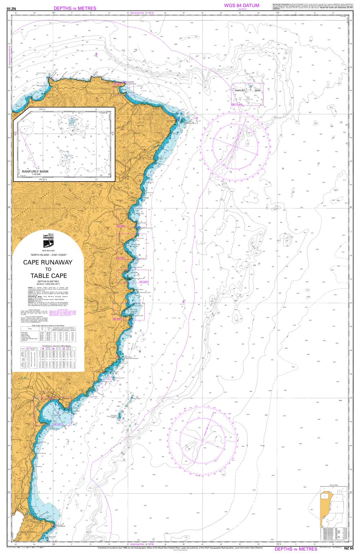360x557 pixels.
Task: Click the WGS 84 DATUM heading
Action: coord(242,5)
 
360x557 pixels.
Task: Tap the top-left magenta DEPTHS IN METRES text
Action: coord(75,8)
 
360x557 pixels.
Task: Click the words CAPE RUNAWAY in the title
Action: coord(48,262)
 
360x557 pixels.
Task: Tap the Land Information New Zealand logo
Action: coord(48,238)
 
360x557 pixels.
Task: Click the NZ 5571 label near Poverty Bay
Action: coord(58,424)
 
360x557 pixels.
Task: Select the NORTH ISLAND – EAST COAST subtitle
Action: coord(48,255)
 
